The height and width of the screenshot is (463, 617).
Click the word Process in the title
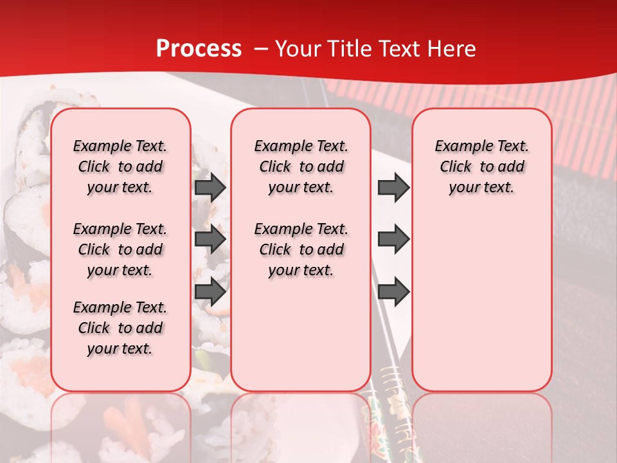point(199,49)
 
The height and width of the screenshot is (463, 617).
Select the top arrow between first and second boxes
point(210,187)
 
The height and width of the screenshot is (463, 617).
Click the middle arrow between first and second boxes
point(210,239)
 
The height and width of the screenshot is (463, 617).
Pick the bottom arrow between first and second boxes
point(210,291)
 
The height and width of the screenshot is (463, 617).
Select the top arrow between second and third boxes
point(393,187)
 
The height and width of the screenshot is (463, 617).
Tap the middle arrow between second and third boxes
point(393,239)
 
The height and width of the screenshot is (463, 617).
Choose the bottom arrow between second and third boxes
point(393,291)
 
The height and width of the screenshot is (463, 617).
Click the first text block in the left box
point(120,167)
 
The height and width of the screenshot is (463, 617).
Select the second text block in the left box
point(120,250)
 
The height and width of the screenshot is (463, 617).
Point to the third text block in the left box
point(120,328)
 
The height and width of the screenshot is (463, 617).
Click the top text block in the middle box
point(301,167)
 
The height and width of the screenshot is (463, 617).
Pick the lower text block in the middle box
point(301,250)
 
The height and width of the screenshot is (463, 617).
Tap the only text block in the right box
point(481,167)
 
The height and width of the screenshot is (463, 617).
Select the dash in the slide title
point(261,49)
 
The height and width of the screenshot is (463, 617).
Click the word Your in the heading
point(299,49)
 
